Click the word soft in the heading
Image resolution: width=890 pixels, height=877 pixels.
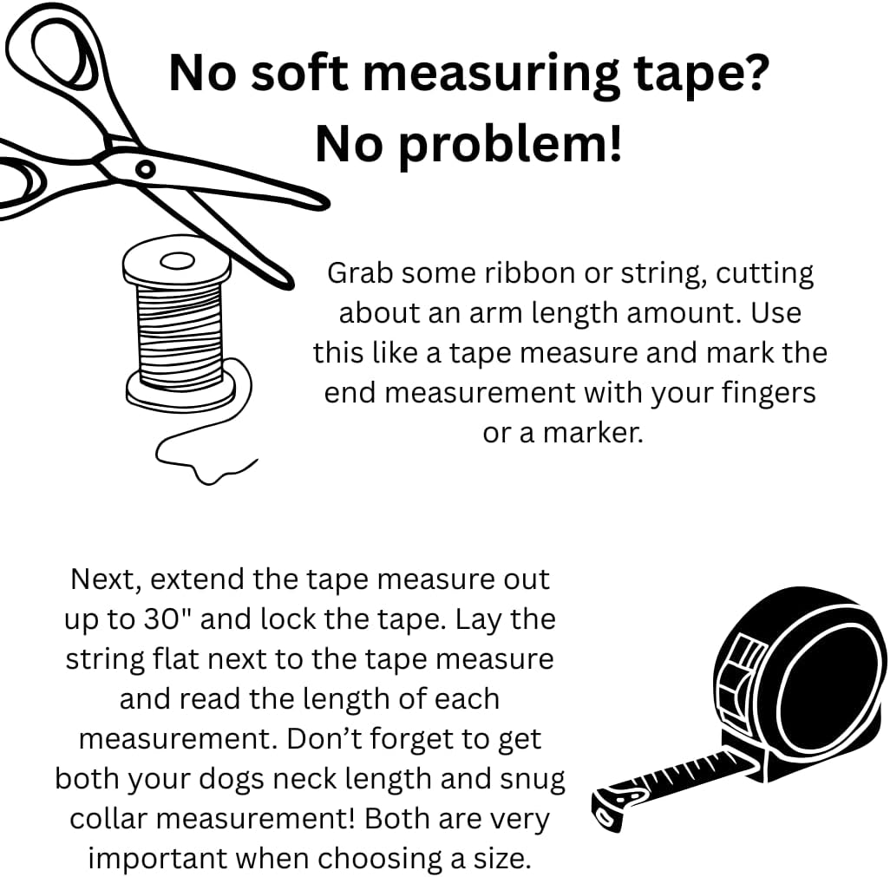click(299, 73)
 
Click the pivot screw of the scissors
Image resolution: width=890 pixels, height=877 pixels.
click(145, 168)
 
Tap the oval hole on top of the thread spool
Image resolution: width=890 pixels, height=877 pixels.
click(177, 261)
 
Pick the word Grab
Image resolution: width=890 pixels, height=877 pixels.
click(361, 273)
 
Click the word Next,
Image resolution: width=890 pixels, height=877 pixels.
click(106, 580)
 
